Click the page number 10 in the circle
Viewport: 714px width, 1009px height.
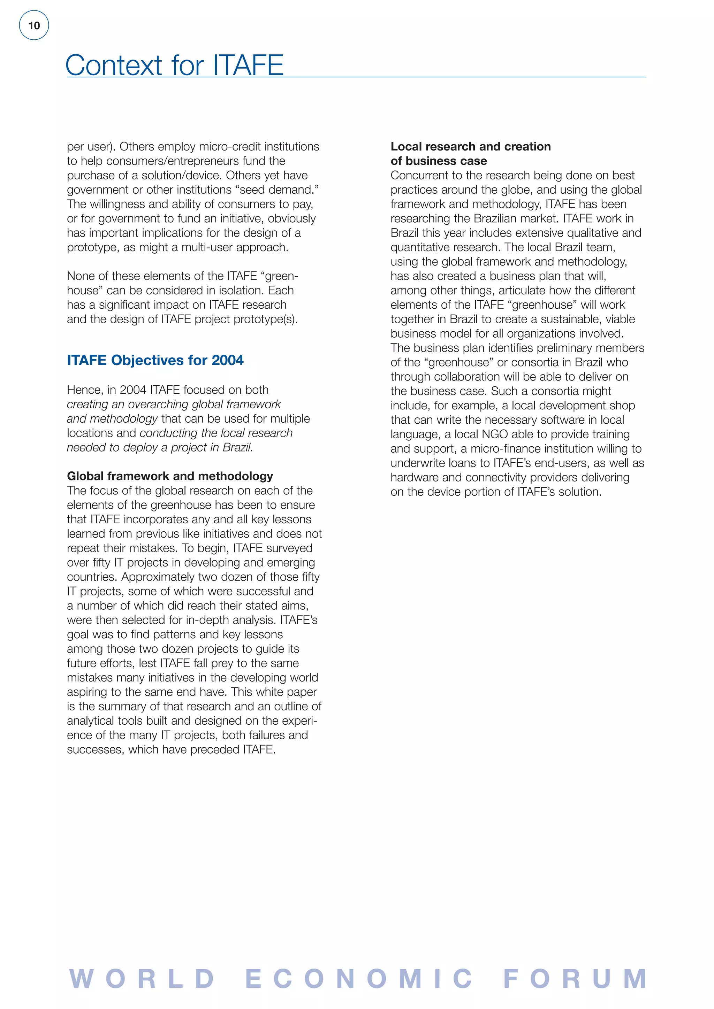point(34,25)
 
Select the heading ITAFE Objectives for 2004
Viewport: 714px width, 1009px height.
point(155,360)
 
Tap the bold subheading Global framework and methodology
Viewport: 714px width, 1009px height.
point(170,476)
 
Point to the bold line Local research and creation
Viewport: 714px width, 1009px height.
point(470,146)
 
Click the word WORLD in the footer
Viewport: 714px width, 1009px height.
point(142,979)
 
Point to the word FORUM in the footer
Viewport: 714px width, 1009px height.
point(575,979)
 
